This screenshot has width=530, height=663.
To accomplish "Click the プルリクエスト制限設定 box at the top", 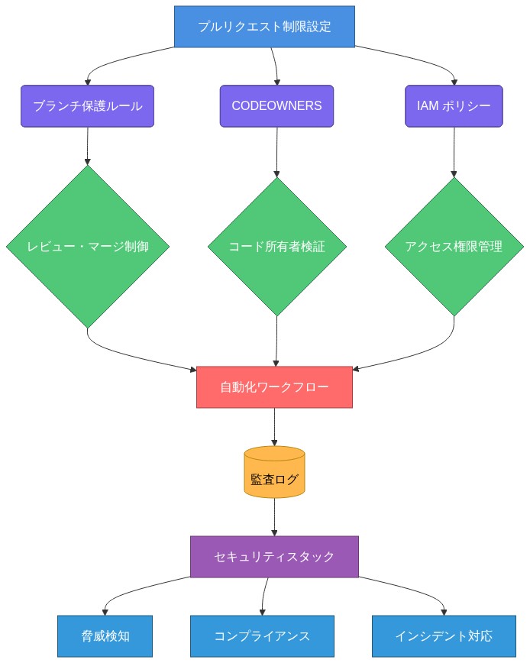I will (x=264, y=26).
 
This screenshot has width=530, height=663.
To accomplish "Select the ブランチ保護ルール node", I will (x=87, y=106).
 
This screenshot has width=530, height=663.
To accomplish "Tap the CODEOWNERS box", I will (x=276, y=106).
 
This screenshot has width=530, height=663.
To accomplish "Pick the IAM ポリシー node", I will (x=454, y=106).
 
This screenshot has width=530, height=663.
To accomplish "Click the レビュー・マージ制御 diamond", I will (x=87, y=247).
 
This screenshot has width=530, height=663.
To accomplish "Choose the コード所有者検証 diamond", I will (x=276, y=247).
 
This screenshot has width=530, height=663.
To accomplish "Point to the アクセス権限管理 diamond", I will (x=454, y=247).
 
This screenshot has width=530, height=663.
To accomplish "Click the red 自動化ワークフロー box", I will (x=274, y=387).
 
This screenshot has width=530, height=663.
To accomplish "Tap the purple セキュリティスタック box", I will (x=274, y=556).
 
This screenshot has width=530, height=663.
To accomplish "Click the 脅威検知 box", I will (x=105, y=636).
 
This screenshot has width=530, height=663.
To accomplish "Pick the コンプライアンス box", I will (x=262, y=636).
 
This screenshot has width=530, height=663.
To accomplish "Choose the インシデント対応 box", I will (x=444, y=636).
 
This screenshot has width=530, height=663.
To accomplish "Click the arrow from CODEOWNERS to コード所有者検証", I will (x=276, y=151).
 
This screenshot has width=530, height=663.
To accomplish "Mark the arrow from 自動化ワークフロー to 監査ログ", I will (x=274, y=426).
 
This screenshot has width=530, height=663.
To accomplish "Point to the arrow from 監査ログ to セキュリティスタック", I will (x=274, y=518).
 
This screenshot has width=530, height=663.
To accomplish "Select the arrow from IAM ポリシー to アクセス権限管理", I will (x=454, y=151).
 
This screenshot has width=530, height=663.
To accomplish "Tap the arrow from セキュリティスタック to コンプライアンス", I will (x=264, y=596).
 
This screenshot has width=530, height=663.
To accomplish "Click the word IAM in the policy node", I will (x=429, y=106).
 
